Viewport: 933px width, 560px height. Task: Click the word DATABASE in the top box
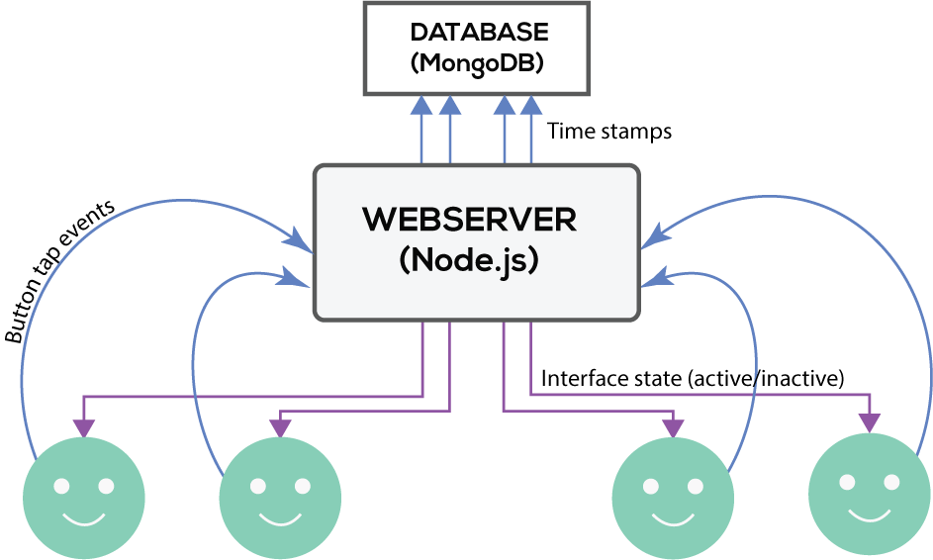[479, 32]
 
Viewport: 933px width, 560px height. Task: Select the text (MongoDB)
[479, 63]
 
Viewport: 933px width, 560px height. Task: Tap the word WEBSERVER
[470, 219]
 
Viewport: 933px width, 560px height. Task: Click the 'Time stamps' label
[609, 131]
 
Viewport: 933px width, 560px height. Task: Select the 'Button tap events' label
[59, 272]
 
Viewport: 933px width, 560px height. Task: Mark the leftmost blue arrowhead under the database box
[421, 103]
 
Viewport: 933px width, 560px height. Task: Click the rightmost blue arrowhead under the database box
[531, 103]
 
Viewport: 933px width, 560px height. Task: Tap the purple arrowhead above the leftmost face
[84, 425]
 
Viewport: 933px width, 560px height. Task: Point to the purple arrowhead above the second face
[280, 425]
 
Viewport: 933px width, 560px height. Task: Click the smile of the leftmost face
[83, 518]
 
